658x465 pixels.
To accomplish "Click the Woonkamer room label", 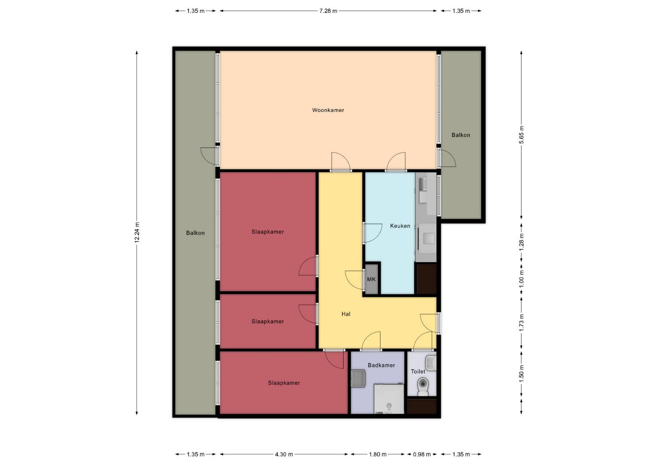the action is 328,110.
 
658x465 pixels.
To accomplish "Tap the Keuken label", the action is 400,226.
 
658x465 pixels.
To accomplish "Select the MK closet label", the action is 371,279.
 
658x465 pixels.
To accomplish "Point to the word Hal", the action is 346,314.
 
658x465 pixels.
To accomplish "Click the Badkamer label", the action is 381,365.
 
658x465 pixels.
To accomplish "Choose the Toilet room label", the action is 418,372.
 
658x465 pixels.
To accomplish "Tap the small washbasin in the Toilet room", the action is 431,363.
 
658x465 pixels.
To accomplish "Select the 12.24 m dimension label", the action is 137,232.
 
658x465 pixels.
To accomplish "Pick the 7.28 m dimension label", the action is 328,11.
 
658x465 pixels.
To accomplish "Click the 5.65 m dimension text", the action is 521,135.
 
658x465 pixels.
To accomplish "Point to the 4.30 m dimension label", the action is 284,454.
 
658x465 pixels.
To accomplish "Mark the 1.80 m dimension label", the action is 378,454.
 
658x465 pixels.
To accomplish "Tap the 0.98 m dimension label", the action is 422,454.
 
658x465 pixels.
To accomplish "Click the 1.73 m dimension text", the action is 521,322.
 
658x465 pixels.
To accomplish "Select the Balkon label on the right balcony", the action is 461,135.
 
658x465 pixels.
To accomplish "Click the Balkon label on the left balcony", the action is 196,233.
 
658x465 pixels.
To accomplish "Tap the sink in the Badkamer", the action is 358,379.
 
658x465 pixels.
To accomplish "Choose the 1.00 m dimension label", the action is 521,279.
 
